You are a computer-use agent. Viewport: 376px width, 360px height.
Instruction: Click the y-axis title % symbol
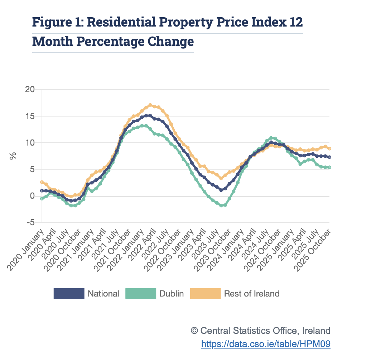[13, 156]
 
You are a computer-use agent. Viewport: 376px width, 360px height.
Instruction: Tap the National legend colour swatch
[69, 294]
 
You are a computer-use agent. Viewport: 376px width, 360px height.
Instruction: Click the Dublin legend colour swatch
[141, 294]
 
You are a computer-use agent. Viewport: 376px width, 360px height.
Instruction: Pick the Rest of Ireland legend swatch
[205, 294]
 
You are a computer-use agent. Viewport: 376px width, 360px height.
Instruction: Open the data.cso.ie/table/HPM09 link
[266, 344]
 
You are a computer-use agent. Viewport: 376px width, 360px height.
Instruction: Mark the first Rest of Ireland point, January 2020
[42, 182]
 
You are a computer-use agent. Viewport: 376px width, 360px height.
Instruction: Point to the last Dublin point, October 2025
[329, 167]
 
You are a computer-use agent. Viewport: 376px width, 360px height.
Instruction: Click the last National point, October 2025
[329, 157]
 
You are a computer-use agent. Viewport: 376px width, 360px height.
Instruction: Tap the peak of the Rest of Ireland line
[150, 105]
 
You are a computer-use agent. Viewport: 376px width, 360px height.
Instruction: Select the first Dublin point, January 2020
[42, 198]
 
